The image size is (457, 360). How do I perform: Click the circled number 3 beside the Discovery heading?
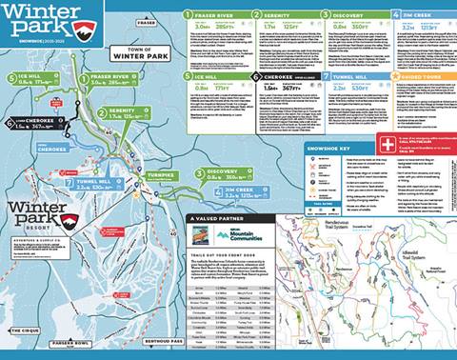point(325,15)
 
